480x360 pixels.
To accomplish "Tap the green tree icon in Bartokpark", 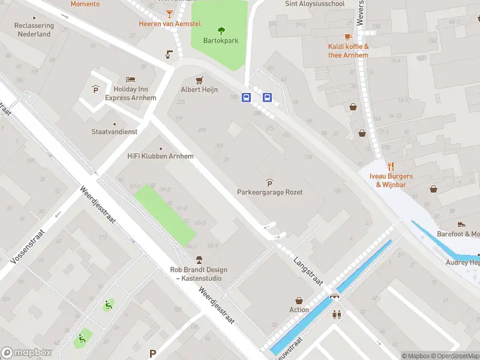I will click(221, 30).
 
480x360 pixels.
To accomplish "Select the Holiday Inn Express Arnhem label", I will click(131, 94).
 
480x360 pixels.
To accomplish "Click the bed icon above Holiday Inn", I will click(131, 79).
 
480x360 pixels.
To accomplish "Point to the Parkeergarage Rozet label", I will click(269, 192).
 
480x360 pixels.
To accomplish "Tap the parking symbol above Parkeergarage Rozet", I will click(269, 182).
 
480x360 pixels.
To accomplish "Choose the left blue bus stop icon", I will click(246, 97).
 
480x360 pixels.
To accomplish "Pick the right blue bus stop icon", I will click(267, 97).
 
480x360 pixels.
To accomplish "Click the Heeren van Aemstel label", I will click(170, 24).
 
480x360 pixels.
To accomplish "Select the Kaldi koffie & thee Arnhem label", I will click(348, 51).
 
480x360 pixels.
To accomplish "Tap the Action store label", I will click(299, 310).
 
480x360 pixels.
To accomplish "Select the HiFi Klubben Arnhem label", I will click(160, 156).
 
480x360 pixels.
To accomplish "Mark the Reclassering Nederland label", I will click(34, 30).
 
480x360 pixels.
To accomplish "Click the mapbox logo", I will click(26, 353).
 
